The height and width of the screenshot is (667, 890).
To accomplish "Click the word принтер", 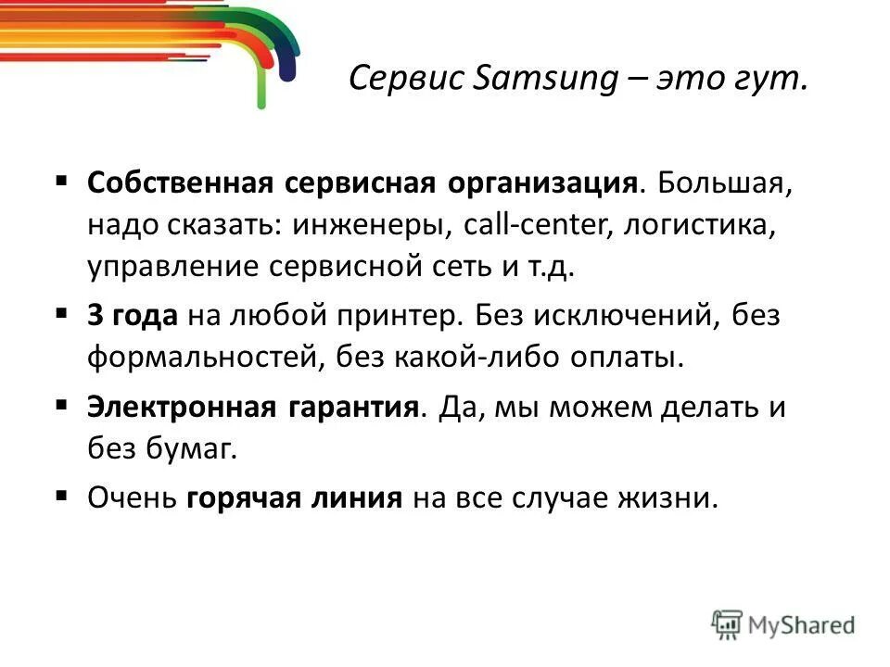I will pos(405,315).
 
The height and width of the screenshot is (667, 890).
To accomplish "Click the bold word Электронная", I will pos(171,408).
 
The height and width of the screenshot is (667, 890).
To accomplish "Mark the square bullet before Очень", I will pos(62,496).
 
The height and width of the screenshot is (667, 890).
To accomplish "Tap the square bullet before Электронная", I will pos(62,405).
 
